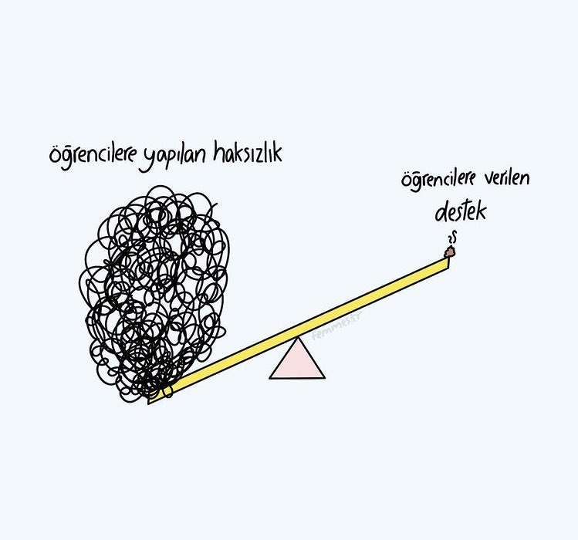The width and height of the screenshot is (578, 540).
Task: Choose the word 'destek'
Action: coord(460,210)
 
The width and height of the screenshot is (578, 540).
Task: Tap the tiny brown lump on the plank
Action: coord(449,250)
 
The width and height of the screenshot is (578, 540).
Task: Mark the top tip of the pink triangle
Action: coord(297,339)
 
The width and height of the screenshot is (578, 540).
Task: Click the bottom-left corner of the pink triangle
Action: coord(271,377)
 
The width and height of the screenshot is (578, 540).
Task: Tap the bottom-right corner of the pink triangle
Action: coord(324,377)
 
